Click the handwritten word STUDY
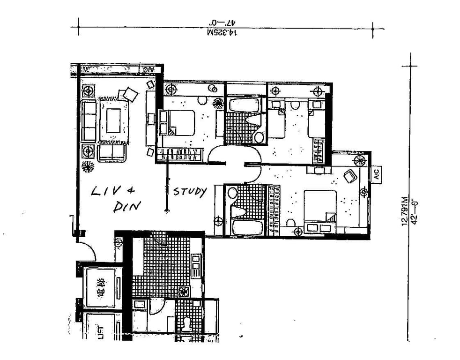click(x=190, y=192)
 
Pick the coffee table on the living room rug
click(x=113, y=120)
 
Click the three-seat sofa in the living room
click(x=89, y=120)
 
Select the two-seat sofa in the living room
click(x=111, y=153)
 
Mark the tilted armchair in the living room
click(x=131, y=95)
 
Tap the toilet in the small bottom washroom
click(x=187, y=323)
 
